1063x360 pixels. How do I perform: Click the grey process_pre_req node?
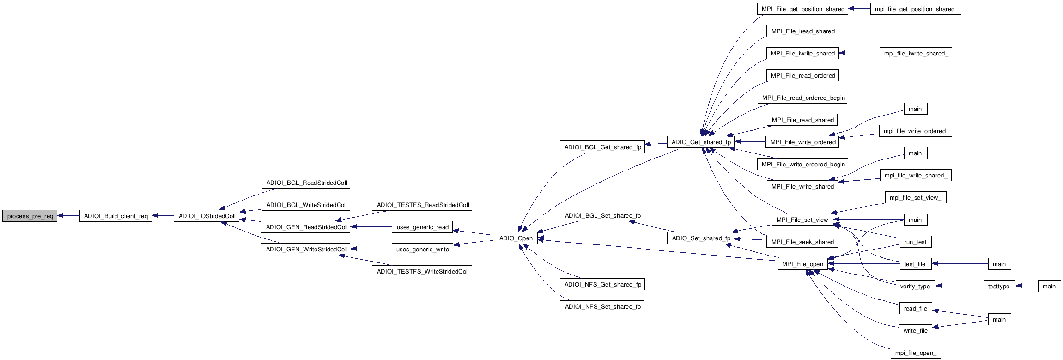click(30, 216)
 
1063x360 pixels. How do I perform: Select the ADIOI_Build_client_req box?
click(115, 216)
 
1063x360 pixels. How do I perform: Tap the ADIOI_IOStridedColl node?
click(207, 216)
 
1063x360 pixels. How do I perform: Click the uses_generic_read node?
click(422, 227)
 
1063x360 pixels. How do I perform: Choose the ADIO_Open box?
click(516, 238)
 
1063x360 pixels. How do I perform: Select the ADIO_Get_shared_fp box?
click(701, 142)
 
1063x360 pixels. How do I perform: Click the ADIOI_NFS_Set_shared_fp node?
click(602, 306)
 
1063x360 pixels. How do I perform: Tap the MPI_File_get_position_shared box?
click(803, 9)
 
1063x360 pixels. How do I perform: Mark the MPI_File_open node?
click(802, 264)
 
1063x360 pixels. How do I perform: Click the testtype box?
click(999, 286)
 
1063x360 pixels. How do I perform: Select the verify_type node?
click(915, 286)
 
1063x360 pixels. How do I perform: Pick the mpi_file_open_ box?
click(915, 353)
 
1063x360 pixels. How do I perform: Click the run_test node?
click(915, 242)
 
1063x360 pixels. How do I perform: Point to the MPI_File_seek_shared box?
click(802, 242)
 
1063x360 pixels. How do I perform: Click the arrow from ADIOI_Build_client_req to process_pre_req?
click(68, 216)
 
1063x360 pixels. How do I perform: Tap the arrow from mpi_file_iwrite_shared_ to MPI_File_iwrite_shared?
click(859, 53)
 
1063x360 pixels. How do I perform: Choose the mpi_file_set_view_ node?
click(916, 197)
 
